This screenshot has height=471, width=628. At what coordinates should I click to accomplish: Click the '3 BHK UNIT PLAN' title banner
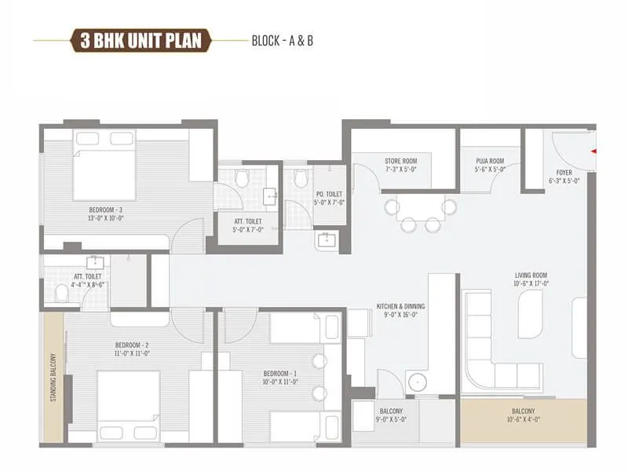click(141, 40)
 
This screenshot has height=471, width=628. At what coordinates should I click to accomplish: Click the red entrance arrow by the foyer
click(594, 150)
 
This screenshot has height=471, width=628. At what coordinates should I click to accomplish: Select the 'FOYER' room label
click(564, 172)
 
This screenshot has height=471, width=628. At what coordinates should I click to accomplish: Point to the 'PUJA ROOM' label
click(488, 161)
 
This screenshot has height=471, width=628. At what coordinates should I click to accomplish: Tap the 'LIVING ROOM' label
click(531, 276)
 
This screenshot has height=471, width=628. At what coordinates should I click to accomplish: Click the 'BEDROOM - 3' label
click(106, 210)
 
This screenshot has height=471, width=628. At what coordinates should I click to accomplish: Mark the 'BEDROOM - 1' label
click(280, 373)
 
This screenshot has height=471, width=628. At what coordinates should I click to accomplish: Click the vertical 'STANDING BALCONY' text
click(54, 376)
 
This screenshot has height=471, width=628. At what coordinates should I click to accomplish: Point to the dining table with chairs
click(421, 210)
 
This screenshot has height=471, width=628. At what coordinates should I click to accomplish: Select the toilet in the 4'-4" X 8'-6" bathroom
click(62, 293)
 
